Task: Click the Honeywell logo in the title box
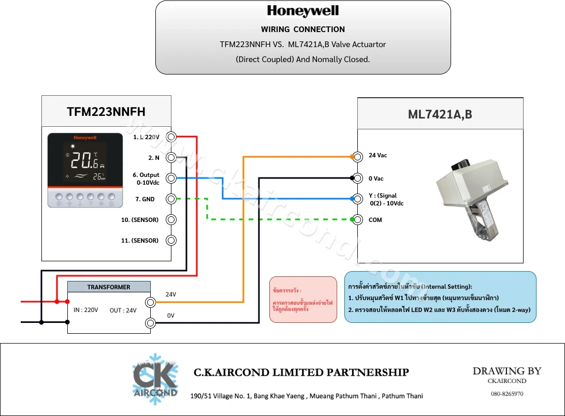point(302,11)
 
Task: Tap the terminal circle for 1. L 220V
point(171,137)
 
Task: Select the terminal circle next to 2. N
point(171,157)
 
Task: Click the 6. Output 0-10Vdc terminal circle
point(171,178)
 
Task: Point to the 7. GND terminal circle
point(171,199)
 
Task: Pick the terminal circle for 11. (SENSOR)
point(171,241)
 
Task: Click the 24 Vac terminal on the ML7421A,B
point(358,157)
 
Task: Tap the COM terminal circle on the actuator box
point(358,219)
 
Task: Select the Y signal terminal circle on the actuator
point(358,199)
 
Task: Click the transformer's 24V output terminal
point(151,302)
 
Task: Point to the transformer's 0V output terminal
point(151,323)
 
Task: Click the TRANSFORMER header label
point(108,287)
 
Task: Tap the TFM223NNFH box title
point(106,112)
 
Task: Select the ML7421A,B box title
point(440,114)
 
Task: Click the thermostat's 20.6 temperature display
point(84,160)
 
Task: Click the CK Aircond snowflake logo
point(155,379)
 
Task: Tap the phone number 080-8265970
point(507,394)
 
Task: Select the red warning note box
point(303,300)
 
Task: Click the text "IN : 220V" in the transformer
point(86,310)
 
